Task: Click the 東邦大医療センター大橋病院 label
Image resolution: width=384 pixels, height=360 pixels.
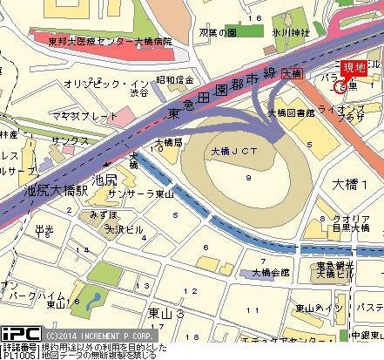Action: [123, 40]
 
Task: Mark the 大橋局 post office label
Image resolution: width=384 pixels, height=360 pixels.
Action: [168, 141]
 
